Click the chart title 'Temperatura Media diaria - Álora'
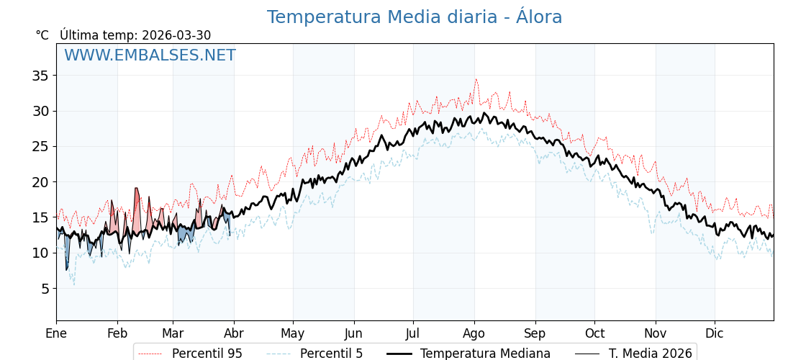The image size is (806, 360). coord(415,17)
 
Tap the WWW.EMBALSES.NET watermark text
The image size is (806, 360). coord(150,55)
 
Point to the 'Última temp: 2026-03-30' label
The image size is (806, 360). coord(135,35)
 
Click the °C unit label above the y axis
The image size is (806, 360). coord(42,35)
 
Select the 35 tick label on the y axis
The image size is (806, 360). coord(40,76)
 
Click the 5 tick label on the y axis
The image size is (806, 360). coord(44,289)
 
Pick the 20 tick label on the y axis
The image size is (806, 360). coord(40,182)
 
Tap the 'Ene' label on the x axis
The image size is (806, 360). coord(56,333)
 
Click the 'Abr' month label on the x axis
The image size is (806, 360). coord(234,333)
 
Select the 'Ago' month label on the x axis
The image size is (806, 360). coord(474,333)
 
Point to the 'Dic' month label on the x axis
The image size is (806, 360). coord(715,333)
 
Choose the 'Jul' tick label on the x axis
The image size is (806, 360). coord(413,333)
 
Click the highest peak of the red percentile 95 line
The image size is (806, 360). coord(476,80)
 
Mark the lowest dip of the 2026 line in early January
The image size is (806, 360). coord(67,270)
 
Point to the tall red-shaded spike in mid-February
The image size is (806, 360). coord(137,191)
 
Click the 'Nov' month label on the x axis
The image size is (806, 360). coord(656,333)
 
